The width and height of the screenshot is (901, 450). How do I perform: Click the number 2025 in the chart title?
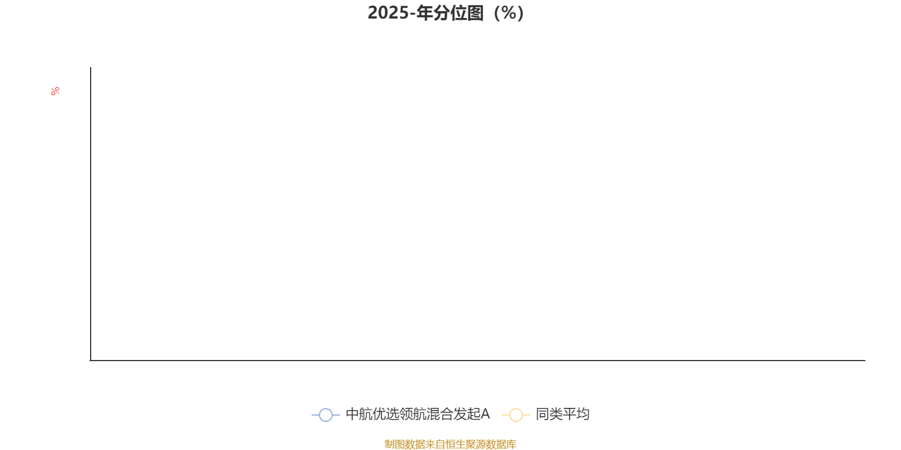click(388, 13)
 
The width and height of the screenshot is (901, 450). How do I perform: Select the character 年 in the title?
click(425, 13)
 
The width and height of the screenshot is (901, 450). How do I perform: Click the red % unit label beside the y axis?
click(55, 91)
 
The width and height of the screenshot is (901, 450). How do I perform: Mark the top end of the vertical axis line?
click(91, 67)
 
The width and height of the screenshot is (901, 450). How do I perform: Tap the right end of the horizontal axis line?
click(865, 361)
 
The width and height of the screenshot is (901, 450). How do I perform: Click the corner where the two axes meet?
click(91, 361)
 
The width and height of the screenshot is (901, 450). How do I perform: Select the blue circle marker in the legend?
click(326, 415)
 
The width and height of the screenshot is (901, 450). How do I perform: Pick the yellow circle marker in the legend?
click(516, 415)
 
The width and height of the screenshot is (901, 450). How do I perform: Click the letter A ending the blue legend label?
click(485, 414)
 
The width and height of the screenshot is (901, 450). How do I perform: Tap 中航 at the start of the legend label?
click(359, 414)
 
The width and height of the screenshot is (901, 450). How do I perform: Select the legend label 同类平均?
click(563, 414)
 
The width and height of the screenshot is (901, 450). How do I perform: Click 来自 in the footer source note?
click(435, 444)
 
